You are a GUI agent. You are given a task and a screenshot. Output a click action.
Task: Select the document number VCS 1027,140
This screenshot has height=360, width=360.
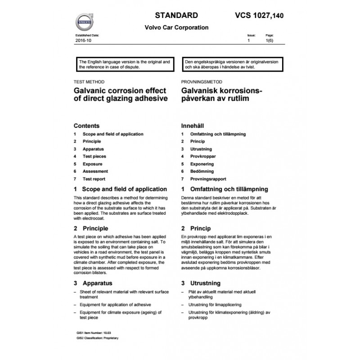coord(260,15)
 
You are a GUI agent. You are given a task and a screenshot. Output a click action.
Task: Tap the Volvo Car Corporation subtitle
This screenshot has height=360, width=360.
coord(176,27)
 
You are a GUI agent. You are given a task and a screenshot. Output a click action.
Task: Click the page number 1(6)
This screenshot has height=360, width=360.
coord(270,40)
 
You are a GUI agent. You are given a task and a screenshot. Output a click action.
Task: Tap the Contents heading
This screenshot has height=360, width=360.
coord(86,126)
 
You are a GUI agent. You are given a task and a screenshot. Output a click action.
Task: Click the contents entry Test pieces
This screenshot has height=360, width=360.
coord(94,157)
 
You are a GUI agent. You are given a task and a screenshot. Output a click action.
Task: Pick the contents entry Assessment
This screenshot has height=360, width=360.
coord(95,171)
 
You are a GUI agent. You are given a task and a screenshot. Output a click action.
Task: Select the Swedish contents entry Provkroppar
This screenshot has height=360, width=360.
coord(203,157)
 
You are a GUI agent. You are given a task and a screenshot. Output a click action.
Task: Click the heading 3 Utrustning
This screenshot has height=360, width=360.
coord(201,283)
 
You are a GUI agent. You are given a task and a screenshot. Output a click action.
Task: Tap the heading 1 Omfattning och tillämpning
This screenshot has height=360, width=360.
coord(224,189)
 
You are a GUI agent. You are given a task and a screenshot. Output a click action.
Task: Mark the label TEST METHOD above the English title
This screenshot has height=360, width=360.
coord(89,82)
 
